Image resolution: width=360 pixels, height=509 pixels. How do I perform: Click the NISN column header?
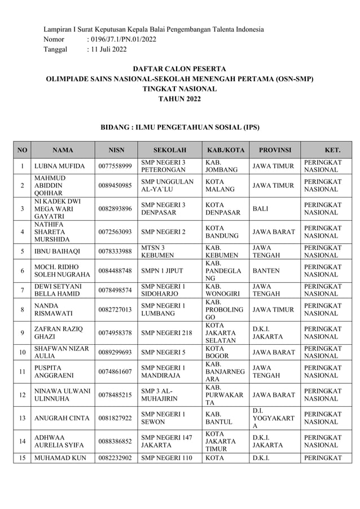[116, 151]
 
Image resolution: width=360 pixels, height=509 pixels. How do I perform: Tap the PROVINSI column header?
[274, 151]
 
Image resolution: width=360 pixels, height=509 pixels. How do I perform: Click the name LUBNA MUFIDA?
[60, 166]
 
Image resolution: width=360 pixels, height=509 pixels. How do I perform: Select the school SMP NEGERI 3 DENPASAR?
[163, 209]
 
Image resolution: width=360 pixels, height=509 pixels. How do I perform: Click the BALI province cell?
[261, 209]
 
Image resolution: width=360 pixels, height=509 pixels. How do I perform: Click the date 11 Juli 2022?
[107, 50]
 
